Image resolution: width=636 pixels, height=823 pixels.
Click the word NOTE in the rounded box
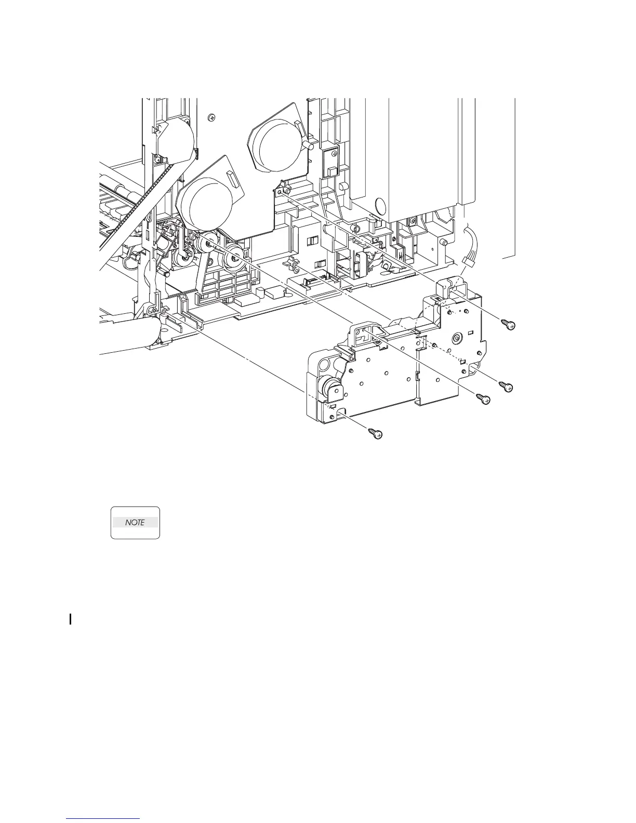point(135,523)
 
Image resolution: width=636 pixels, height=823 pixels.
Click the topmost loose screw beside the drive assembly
point(508,324)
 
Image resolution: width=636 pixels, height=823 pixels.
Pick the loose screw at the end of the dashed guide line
point(506,387)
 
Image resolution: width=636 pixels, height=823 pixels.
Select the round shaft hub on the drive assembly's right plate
point(456,338)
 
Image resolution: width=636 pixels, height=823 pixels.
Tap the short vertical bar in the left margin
point(70,619)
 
